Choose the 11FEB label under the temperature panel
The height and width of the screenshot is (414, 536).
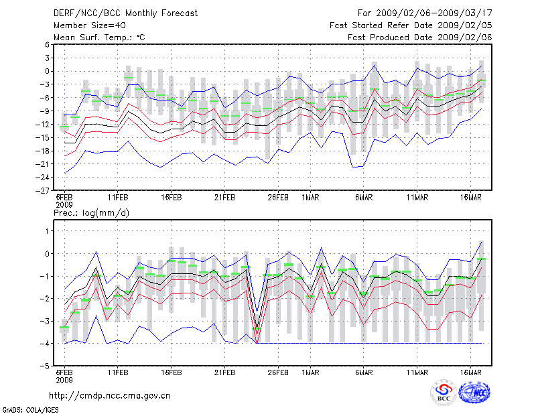118,198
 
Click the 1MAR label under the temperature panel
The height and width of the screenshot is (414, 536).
310,198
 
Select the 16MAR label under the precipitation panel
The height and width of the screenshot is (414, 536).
472,372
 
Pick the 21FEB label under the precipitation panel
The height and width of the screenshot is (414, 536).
224,372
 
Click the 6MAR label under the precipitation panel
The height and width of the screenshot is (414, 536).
364,372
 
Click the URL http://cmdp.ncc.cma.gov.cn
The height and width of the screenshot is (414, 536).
111,395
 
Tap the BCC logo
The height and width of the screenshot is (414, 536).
444,393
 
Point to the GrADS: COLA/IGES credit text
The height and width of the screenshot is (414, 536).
25,409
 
